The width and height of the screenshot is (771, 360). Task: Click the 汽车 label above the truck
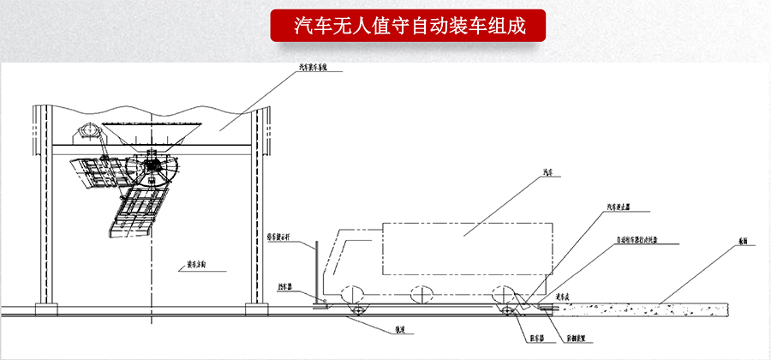point(549,172)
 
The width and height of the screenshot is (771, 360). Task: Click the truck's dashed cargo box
point(468,249)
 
